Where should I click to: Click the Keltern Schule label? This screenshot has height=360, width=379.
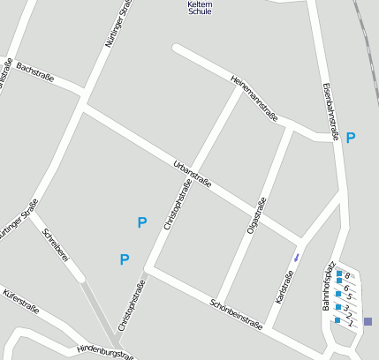pos(200,8)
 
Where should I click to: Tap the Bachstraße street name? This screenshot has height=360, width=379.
pos(35,71)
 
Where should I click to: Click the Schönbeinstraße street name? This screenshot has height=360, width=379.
pos(236,314)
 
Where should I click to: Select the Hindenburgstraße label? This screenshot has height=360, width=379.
pos(105,351)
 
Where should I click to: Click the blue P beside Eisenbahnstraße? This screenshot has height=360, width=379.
pos(351,138)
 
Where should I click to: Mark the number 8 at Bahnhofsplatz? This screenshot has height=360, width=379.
pos(348,276)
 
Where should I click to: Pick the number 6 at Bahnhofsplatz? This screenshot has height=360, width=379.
pos(347,288)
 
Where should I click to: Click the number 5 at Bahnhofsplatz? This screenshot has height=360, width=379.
pos(349,296)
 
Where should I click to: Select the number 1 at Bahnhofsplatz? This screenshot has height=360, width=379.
pos(351,324)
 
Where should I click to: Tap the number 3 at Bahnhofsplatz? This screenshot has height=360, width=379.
pos(347,307)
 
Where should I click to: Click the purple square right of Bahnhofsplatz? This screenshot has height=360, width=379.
pos(368,321)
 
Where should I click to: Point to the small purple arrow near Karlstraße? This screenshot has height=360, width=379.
pos(296,258)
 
